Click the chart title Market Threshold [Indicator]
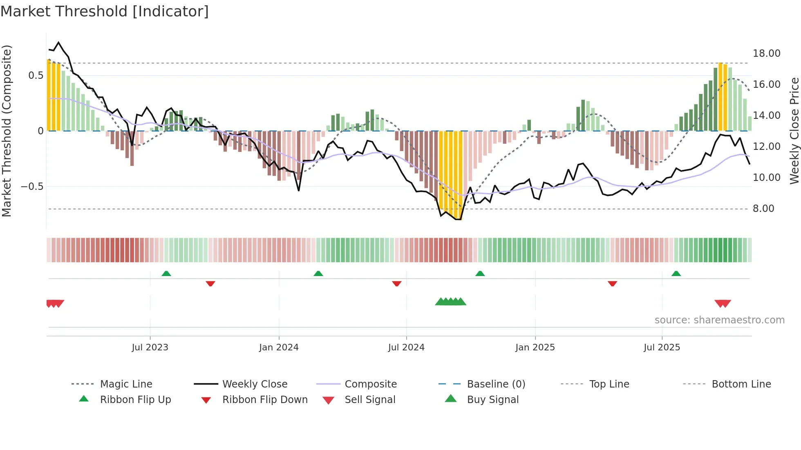click(x=105, y=11)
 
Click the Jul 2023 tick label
click(x=150, y=347)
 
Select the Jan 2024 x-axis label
click(x=279, y=347)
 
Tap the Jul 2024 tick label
click(x=406, y=347)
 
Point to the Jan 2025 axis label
click(x=535, y=347)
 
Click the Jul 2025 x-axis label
click(x=662, y=347)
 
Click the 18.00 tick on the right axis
click(x=766, y=53)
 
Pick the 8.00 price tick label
click(x=763, y=209)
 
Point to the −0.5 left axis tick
click(x=32, y=187)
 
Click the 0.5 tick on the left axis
click(x=36, y=76)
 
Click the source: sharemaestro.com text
click(x=719, y=320)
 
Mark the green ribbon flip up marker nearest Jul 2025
click(x=676, y=274)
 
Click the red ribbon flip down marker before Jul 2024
click(x=396, y=283)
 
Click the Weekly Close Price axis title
click(x=794, y=131)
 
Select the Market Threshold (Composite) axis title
click(x=7, y=131)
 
